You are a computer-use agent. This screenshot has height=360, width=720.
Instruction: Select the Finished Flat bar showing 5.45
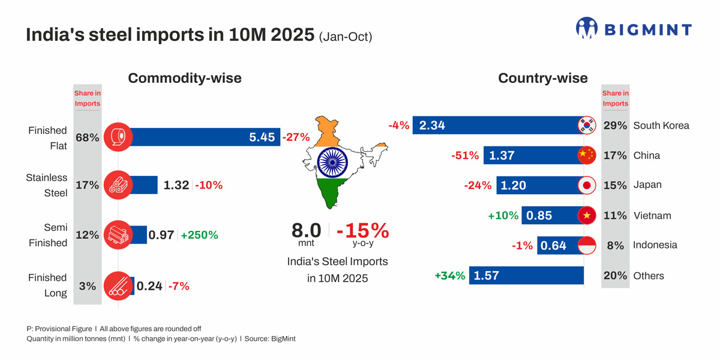click(x=198, y=137)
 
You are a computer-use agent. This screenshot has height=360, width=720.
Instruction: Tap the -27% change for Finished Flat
click(x=296, y=137)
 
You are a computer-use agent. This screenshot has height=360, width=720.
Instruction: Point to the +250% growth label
click(x=199, y=235)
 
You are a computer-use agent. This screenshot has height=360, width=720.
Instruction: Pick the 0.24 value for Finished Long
click(x=149, y=286)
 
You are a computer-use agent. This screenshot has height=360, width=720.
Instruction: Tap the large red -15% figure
click(x=362, y=230)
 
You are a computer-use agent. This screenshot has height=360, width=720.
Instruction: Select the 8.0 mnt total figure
click(x=306, y=230)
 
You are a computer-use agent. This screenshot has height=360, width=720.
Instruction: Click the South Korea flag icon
click(x=586, y=125)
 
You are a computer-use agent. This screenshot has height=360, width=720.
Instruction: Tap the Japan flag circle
click(x=586, y=185)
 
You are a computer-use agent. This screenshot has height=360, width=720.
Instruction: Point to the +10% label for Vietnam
click(x=503, y=215)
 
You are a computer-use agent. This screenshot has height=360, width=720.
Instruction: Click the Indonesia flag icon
click(x=586, y=245)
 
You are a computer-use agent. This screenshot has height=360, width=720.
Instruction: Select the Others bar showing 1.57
click(x=526, y=275)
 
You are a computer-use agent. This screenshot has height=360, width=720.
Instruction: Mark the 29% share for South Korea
click(x=615, y=126)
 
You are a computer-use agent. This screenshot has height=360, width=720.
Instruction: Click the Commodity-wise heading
click(x=185, y=78)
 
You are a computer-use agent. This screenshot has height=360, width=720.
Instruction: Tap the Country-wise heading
click(x=543, y=78)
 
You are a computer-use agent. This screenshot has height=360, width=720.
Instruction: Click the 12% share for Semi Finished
click(x=87, y=235)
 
